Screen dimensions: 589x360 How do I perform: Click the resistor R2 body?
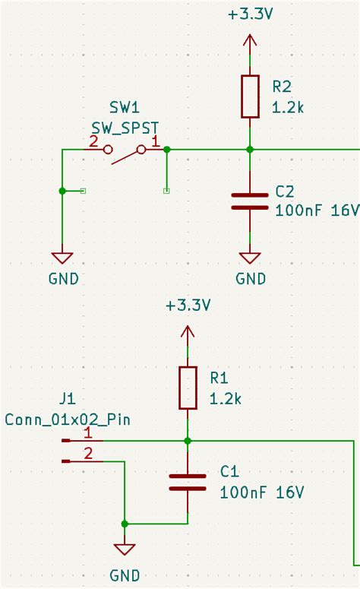(250, 97)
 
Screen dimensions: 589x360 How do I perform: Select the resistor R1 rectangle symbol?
(188, 388)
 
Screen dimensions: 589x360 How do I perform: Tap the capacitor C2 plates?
(250, 201)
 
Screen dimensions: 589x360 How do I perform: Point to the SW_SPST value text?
(125, 128)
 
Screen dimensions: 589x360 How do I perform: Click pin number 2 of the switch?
(93, 141)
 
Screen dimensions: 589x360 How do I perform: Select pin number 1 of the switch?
(156, 141)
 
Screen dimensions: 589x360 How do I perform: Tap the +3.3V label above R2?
(250, 14)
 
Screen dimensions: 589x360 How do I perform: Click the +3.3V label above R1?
(188, 306)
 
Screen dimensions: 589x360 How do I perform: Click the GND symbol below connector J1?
(125, 550)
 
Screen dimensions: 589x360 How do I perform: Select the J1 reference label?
(67, 398)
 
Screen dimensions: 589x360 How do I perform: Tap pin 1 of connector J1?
(88, 433)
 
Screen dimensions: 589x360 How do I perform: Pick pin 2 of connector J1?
(88, 454)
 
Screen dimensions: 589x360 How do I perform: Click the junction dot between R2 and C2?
(250, 150)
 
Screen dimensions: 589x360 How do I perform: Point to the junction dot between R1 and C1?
(188, 441)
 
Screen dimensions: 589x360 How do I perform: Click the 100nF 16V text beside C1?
(262, 492)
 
